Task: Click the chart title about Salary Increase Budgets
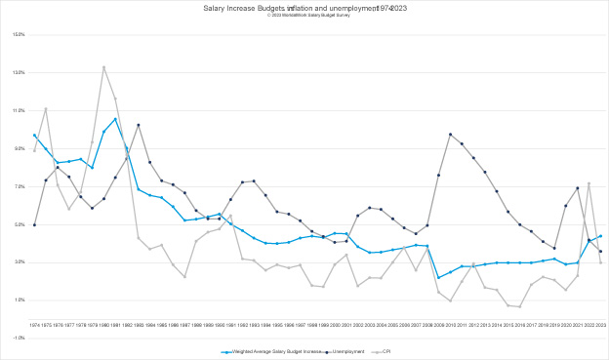tap(304, 8)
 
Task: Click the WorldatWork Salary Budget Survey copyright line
tap(304, 15)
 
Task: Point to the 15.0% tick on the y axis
tap(20, 34)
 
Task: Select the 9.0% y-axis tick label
tap(20, 148)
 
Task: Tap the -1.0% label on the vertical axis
tap(20, 339)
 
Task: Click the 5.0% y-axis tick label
tap(20, 224)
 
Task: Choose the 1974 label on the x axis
tap(34, 324)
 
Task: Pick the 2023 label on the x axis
tap(600, 324)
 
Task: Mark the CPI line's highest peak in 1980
tap(103, 66)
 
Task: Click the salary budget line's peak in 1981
tap(115, 119)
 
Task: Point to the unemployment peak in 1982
tap(139, 125)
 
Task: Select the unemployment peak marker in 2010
tap(450, 134)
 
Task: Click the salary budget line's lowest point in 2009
tap(438, 278)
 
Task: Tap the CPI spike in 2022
tap(589, 183)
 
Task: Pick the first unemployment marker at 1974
tap(34, 224)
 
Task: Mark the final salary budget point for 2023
tap(600, 235)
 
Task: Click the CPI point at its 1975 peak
tap(46, 108)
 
